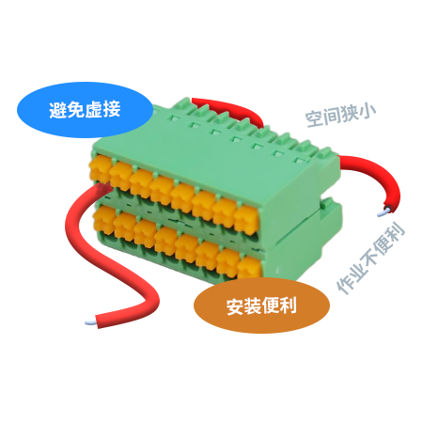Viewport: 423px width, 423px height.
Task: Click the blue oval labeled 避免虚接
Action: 85,110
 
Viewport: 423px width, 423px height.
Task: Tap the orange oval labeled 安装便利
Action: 261,305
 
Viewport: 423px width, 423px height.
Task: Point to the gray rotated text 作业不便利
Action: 370,258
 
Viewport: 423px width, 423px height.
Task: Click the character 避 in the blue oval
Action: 58,110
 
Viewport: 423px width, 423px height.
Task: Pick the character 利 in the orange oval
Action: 288,305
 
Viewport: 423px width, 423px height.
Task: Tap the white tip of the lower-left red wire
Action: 90,322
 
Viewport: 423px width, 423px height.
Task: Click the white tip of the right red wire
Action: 384,212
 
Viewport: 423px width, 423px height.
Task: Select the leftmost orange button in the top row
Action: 100,169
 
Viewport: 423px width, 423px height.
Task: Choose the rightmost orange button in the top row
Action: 246,218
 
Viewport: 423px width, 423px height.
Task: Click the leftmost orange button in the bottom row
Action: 103,219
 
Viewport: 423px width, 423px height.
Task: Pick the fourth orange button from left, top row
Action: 161,190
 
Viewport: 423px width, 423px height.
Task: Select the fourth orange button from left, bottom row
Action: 165,241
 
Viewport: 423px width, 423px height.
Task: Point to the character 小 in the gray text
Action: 368,111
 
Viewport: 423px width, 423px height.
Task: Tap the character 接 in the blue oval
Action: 112,110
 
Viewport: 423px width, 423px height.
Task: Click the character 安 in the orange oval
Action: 235,306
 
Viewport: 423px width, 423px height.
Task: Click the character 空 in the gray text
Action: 314,119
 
